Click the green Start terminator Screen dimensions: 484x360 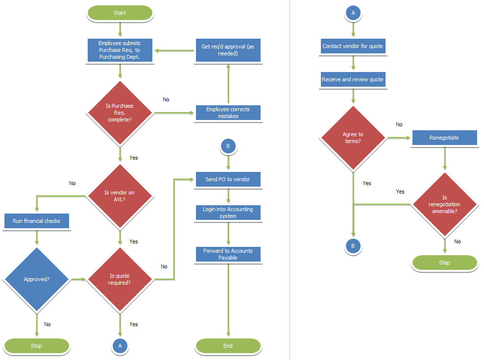[x=120, y=13]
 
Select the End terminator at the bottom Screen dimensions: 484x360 [x=228, y=346]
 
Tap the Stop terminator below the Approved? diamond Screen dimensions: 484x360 [x=36, y=346]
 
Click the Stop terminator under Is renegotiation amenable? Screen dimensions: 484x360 [x=444, y=263]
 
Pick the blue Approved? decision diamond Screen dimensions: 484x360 [x=36, y=279]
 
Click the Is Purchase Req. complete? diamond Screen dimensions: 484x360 [x=120, y=113]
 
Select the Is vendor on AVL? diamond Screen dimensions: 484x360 [x=120, y=196]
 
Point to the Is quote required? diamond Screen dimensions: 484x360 [x=120, y=279]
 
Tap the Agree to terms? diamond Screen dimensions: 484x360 [x=353, y=138]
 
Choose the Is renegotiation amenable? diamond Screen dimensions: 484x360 [x=444, y=204]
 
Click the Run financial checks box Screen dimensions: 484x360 [x=36, y=221]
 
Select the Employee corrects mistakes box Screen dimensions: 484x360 [x=228, y=113]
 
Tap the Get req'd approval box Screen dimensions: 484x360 [x=228, y=50]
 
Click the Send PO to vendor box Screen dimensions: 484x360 [x=228, y=179]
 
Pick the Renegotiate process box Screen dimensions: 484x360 [x=444, y=138]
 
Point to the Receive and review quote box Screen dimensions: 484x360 [x=353, y=79]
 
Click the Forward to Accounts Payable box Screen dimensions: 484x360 [x=228, y=254]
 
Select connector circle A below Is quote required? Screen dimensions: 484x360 [x=120, y=346]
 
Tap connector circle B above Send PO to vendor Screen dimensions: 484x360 [x=228, y=146]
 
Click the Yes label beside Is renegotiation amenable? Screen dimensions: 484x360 [x=400, y=192]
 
